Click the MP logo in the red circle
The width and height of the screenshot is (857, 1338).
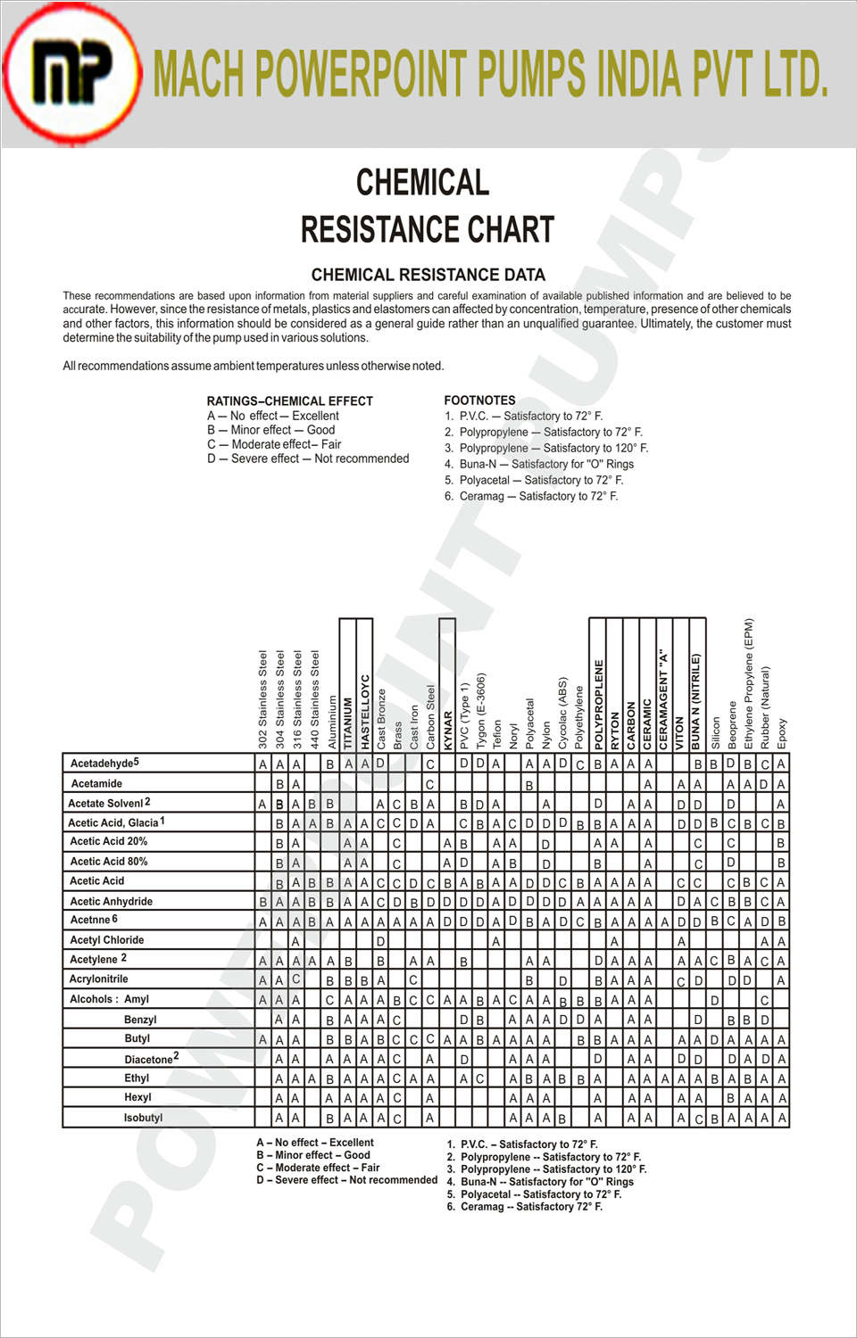click(x=71, y=73)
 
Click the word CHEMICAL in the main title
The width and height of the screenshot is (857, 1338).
click(x=422, y=183)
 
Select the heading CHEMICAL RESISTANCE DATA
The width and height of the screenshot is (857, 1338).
click(x=428, y=275)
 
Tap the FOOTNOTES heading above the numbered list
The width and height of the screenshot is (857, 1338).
click(x=479, y=401)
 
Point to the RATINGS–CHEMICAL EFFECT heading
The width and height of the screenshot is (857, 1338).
click(x=289, y=401)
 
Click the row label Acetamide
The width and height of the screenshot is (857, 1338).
click(x=96, y=784)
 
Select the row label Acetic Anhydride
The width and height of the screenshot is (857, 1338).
click(x=111, y=902)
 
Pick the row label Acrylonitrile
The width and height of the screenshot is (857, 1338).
click(x=98, y=979)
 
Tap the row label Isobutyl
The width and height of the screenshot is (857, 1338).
click(x=143, y=1118)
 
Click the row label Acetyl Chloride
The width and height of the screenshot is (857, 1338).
click(x=106, y=940)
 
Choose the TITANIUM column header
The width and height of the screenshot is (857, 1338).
click(x=348, y=723)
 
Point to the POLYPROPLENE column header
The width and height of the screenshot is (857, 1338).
click(x=598, y=704)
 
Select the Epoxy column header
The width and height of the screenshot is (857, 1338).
click(x=782, y=733)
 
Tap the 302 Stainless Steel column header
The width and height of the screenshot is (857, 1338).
click(x=262, y=698)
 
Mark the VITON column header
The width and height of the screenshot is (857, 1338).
click(x=680, y=731)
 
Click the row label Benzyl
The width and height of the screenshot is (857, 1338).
click(x=140, y=1020)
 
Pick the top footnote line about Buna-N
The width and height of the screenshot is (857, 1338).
click(x=539, y=464)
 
